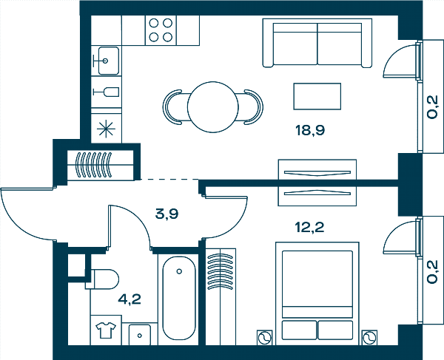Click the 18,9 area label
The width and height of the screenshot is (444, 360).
click(310, 131)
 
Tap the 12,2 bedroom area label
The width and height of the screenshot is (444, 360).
click(309, 227)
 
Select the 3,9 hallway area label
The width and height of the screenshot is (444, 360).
click(166, 214)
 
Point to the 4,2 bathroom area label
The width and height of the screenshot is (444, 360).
click(129, 299)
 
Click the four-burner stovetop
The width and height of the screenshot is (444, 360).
click(161, 30)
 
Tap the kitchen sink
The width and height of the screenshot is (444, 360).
click(107, 61)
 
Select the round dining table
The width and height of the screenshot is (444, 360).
click(213, 107)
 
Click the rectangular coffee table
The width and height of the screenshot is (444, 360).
click(317, 96)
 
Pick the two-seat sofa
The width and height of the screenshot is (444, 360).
click(317, 43)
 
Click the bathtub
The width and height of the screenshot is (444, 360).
click(179, 298)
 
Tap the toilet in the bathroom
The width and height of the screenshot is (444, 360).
click(103, 279)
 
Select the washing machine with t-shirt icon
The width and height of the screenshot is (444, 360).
click(106, 330)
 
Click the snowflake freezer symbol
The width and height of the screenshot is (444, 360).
click(106, 129)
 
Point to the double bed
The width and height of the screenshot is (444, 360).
click(317, 293)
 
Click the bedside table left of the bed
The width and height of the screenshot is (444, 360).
click(265, 338)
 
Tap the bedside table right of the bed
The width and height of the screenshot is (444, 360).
click(369, 338)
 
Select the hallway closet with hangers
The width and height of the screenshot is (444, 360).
click(100, 165)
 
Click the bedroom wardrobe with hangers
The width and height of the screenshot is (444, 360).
click(221, 296)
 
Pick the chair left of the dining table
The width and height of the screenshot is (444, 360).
click(172, 107)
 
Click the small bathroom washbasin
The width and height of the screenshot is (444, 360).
click(140, 335)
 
